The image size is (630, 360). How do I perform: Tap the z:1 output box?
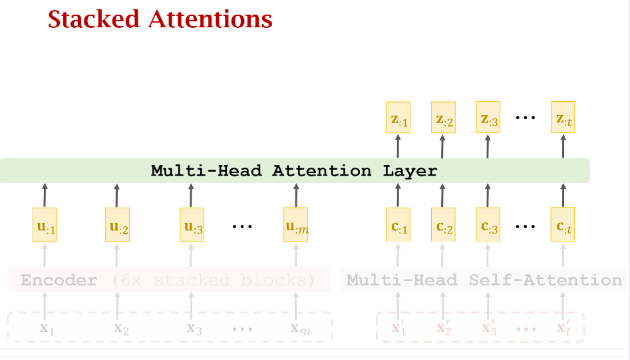click(398, 118)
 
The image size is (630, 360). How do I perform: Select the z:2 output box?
click(443, 118)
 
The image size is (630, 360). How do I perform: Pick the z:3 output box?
click(487, 118)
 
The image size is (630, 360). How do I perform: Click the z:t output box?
click(562, 118)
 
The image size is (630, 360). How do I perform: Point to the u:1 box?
click(45, 225)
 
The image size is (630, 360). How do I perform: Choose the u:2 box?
click(118, 225)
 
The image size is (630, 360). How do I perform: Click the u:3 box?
click(193, 225)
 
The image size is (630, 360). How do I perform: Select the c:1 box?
click(398, 225)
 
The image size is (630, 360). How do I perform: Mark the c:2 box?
click(443, 225)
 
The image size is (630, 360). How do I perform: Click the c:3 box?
click(487, 225)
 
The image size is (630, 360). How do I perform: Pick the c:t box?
click(562, 225)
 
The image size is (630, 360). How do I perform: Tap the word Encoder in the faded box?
click(59, 280)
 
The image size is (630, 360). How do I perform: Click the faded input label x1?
click(45, 328)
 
